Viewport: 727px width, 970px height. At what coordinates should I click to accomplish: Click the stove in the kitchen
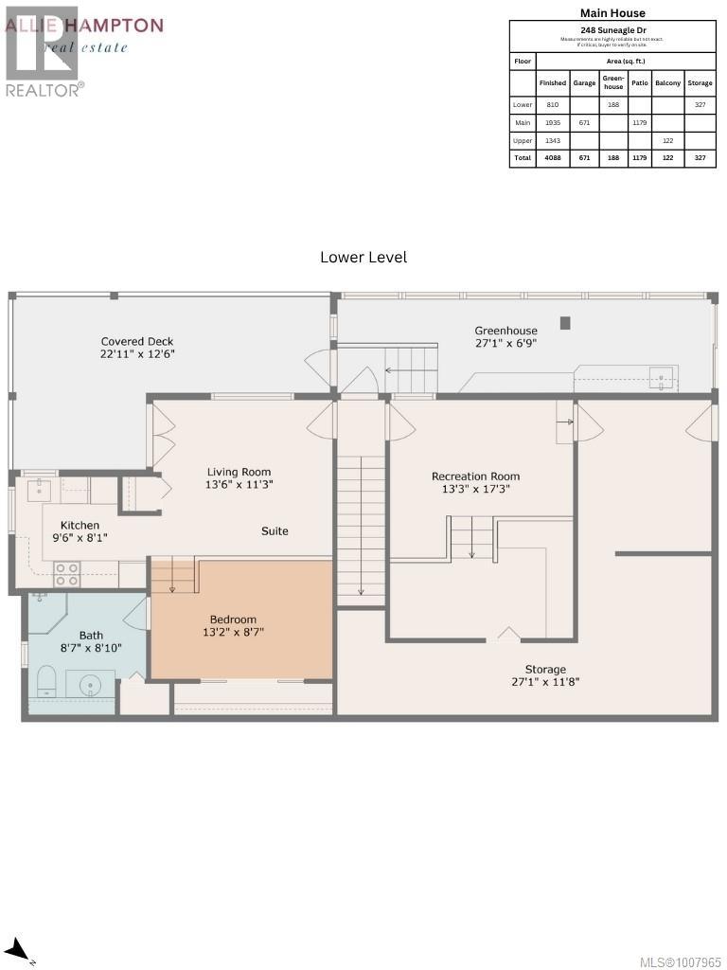[66, 574]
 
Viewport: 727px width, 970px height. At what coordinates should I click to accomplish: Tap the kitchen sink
[40, 489]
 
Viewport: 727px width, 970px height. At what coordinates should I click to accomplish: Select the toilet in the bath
[44, 679]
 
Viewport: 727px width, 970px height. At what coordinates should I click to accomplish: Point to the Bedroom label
[233, 620]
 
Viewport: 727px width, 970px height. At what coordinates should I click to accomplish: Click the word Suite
[275, 531]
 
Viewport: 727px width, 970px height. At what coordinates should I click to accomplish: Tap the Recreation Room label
[475, 476]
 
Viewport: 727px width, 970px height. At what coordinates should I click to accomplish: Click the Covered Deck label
[138, 341]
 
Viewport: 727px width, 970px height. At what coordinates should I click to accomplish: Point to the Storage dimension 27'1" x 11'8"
[545, 681]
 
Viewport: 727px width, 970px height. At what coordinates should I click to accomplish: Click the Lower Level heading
[363, 257]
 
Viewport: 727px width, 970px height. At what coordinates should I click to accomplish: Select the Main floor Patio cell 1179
[640, 122]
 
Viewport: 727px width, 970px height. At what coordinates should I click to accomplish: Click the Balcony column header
[667, 82]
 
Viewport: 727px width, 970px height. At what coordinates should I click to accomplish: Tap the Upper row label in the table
[523, 140]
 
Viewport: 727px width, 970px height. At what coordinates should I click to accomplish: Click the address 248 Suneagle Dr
[612, 29]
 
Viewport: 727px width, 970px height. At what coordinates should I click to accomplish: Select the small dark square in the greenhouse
[565, 323]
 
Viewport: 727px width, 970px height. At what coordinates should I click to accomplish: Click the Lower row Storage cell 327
[700, 104]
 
